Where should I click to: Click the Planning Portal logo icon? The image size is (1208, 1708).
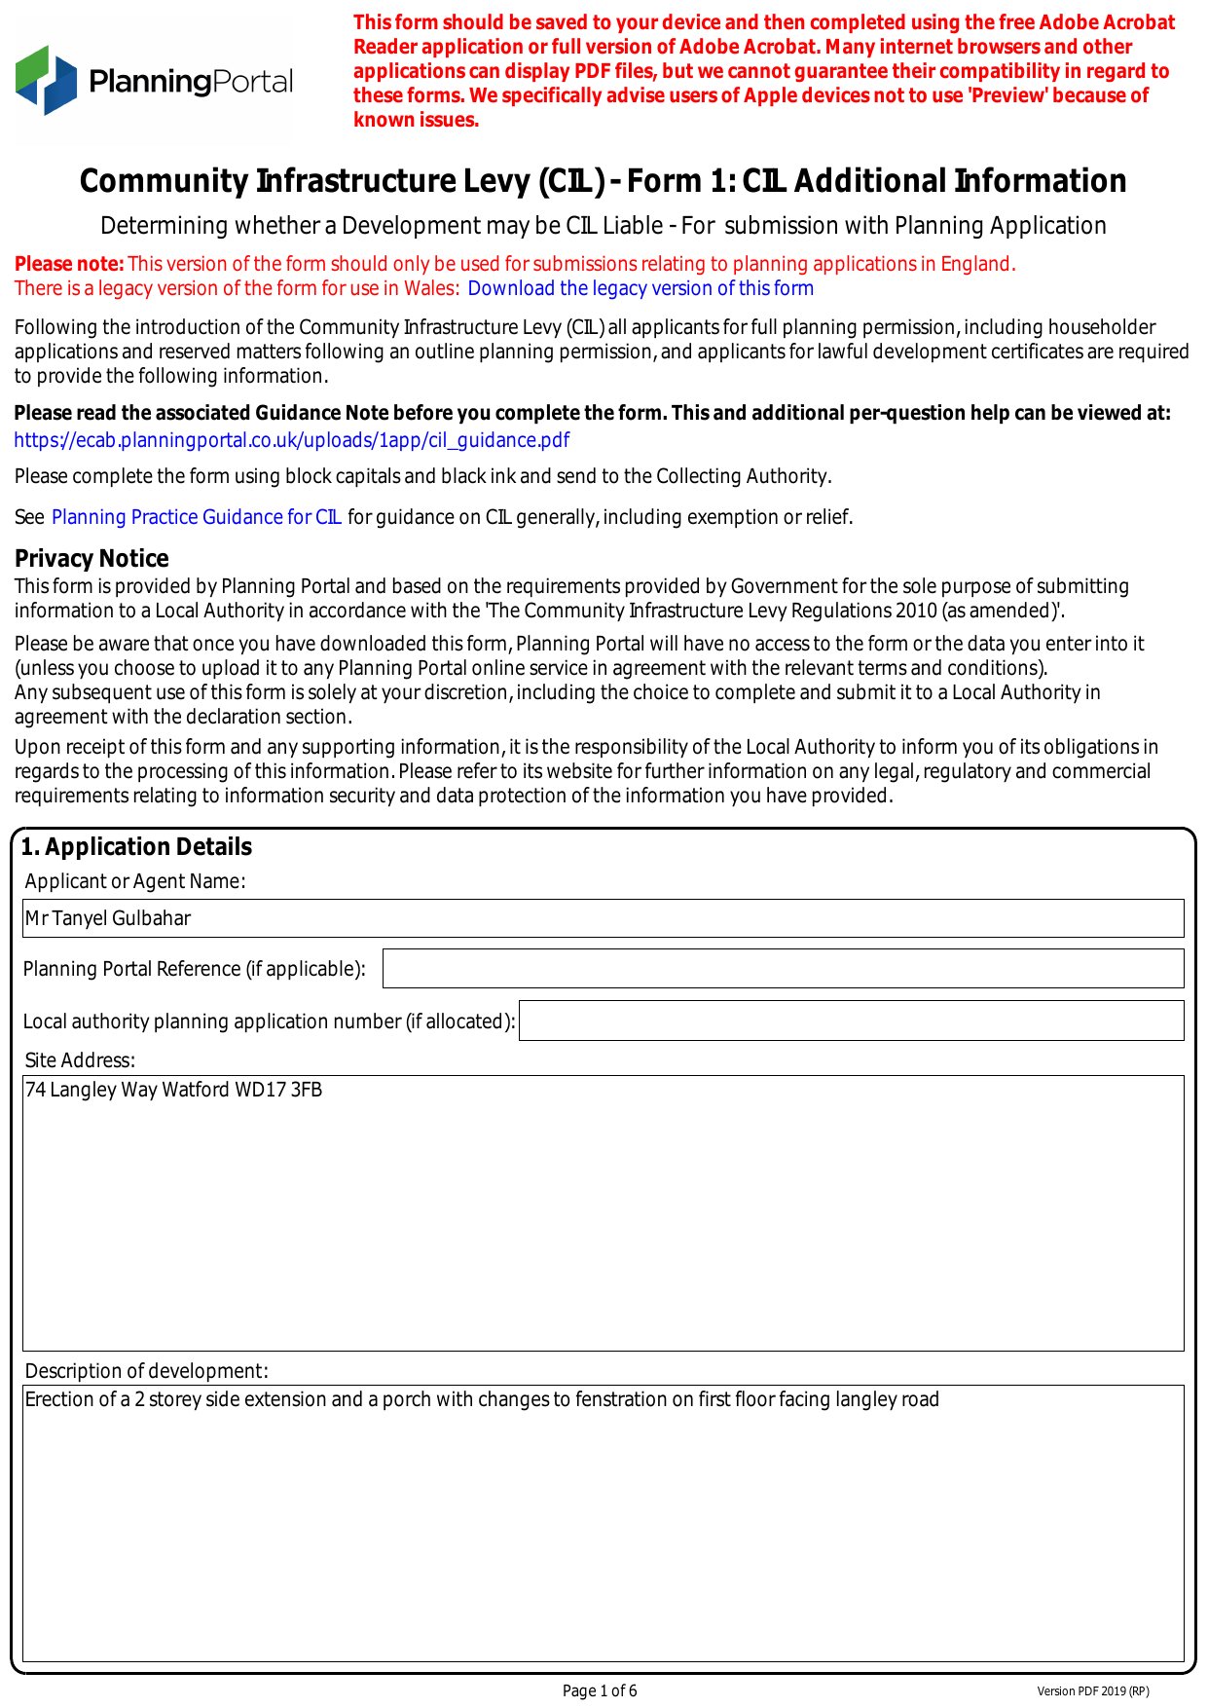point(46,80)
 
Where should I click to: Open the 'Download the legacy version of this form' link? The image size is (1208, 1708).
point(640,288)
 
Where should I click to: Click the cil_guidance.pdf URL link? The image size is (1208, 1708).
point(291,440)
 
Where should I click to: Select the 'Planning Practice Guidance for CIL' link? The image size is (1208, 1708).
point(196,517)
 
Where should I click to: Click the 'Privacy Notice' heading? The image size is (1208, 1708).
point(92,558)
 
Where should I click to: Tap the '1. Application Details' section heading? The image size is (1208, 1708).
point(136,846)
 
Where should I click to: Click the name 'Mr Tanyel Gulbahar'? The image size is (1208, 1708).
point(108,918)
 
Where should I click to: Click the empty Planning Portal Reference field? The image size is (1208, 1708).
point(783,969)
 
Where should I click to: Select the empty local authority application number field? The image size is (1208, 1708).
point(851,1021)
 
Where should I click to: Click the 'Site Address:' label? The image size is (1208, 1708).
point(80,1060)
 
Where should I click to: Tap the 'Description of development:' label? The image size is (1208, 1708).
point(146,1371)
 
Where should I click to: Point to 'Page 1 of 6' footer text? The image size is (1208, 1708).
point(600,1690)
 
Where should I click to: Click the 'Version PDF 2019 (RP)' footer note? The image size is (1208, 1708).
point(1092,1691)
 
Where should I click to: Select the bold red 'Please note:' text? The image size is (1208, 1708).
point(69,264)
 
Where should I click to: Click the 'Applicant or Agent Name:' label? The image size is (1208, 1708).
point(135,881)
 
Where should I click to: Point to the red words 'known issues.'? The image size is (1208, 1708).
point(416,120)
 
